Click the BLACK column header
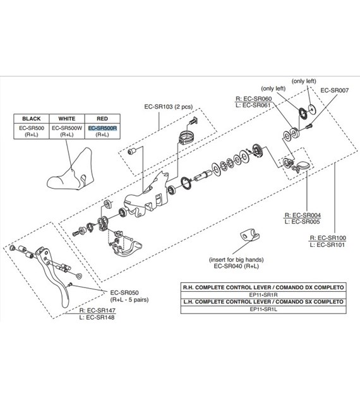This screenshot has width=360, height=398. tap(31, 119)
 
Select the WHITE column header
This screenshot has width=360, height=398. tap(67, 119)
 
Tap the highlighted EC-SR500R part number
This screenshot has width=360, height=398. tap(102, 128)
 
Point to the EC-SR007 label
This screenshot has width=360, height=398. tap(334, 90)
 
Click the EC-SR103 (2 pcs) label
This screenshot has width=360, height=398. tap(169, 107)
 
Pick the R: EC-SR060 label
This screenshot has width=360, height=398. tap(254, 99)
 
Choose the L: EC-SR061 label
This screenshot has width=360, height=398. tap(253, 105)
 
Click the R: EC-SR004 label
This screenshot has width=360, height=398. tap(303, 215)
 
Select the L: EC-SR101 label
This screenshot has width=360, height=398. tap(327, 245)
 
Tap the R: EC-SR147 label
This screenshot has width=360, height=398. tap(97, 310)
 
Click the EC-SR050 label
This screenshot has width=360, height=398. tap(124, 292)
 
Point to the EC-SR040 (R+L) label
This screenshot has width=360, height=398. tap(236, 266)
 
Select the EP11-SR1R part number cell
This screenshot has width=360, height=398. tap(263, 295)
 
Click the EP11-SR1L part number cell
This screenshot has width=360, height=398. tap(263, 309)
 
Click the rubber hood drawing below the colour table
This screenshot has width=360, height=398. tap(71, 169)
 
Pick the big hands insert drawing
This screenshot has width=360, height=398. tap(249, 236)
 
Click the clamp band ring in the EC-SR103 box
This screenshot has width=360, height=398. tap(186, 137)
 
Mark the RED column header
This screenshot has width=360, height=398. tap(102, 119)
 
